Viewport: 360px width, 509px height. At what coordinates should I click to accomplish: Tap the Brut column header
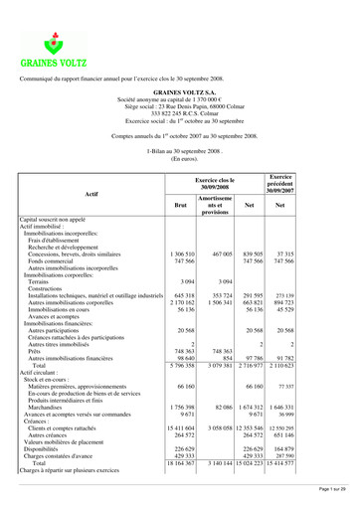point(180,206)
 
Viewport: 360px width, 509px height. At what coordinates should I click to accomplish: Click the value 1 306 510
point(182,254)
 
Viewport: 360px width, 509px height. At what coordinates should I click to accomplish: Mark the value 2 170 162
point(182,302)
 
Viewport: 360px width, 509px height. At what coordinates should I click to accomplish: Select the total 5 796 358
point(182,365)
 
